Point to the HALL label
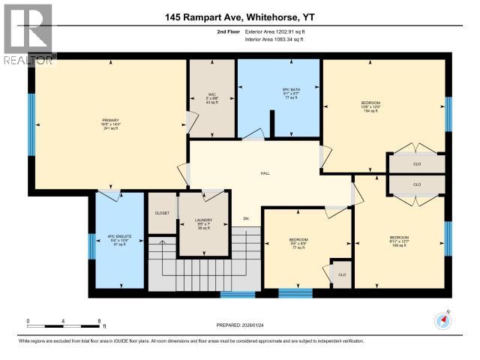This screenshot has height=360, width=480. point(265,173)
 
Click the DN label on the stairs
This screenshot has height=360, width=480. point(245,218)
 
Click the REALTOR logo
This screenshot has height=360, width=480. point(28,34)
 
